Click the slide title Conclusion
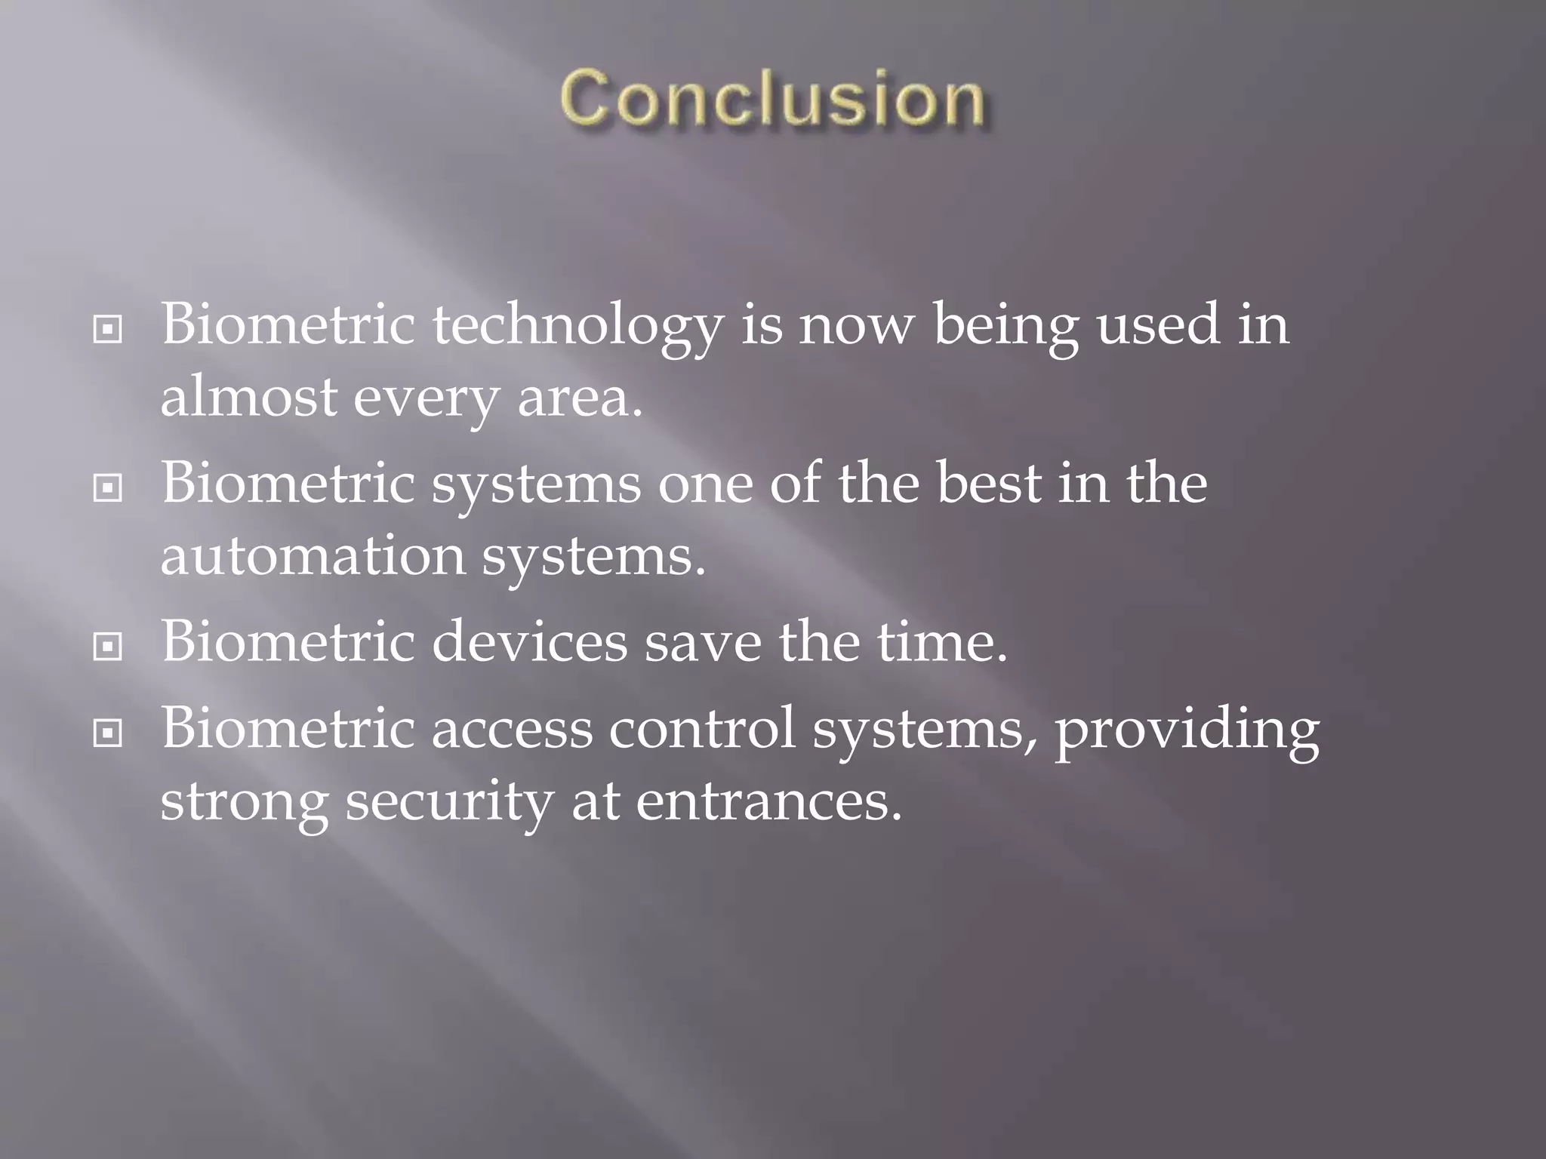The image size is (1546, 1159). pos(772,99)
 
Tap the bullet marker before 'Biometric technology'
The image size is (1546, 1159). pos(107,329)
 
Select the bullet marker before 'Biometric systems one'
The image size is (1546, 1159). pos(107,488)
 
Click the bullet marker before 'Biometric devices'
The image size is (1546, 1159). pos(107,647)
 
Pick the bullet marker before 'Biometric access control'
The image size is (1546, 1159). pos(107,731)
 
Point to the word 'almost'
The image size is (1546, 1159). pos(248,398)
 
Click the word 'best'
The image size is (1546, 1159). pos(988,484)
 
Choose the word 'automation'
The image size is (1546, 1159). pos(313,556)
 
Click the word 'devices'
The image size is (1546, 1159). pos(529,642)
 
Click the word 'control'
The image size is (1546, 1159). pos(702,728)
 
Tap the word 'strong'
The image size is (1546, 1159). pos(245,802)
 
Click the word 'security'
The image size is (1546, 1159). pos(449,802)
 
